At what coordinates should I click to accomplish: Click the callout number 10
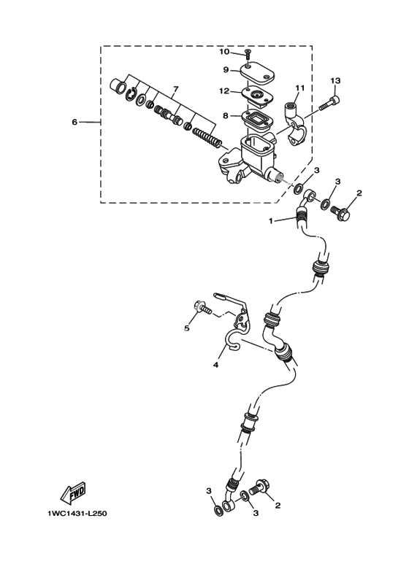pyautogui.click(x=224, y=52)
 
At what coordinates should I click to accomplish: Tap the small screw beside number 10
pyautogui.click(x=248, y=54)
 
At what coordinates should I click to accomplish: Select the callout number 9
pyautogui.click(x=226, y=69)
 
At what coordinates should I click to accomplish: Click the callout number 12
pyautogui.click(x=224, y=91)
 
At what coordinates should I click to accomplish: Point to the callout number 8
pyautogui.click(x=226, y=116)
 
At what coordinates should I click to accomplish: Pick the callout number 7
pyautogui.click(x=176, y=88)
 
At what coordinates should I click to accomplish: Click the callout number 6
pyautogui.click(x=74, y=123)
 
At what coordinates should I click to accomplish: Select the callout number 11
pyautogui.click(x=300, y=88)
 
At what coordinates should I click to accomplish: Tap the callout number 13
pyautogui.click(x=335, y=80)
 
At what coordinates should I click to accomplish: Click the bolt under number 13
pyautogui.click(x=329, y=103)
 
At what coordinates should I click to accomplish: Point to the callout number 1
pyautogui.click(x=271, y=221)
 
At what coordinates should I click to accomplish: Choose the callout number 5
pyautogui.click(x=187, y=328)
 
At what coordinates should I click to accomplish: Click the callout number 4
pyautogui.click(x=215, y=365)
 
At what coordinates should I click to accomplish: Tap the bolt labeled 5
pyautogui.click(x=203, y=308)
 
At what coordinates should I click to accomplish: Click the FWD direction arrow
pyautogui.click(x=74, y=492)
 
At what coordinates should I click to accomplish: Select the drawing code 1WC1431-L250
pyautogui.click(x=77, y=514)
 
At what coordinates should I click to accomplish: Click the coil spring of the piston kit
pyautogui.click(x=207, y=138)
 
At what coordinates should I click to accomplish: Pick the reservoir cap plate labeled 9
pyautogui.click(x=257, y=74)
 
